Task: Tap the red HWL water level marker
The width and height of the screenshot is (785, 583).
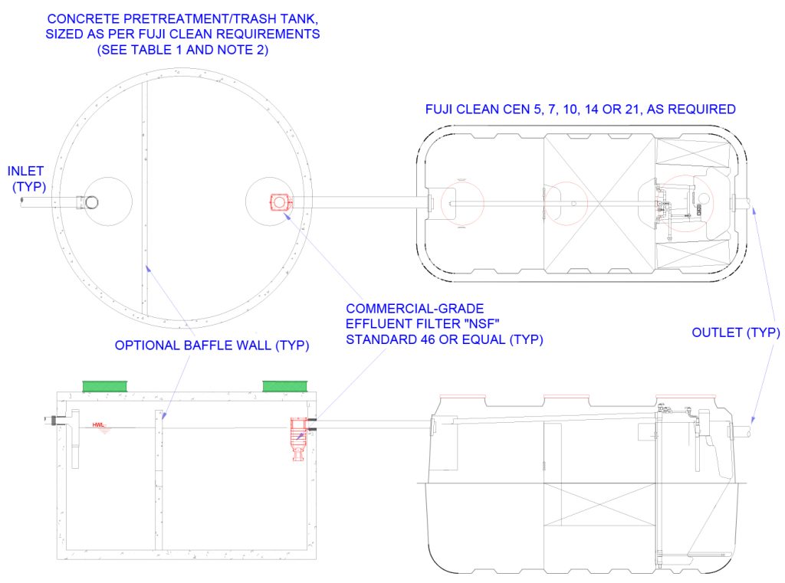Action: [x=99, y=425]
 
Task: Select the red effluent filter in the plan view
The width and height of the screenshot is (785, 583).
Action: [x=279, y=202]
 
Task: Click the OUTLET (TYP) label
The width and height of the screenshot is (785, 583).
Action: [x=735, y=332]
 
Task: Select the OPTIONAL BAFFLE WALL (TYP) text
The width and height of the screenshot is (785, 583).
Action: [x=212, y=346]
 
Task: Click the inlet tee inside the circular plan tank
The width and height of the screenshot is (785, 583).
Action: [x=91, y=202]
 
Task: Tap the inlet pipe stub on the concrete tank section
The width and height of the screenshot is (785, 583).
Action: [x=52, y=420]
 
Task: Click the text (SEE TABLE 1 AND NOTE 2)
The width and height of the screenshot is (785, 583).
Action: [x=184, y=51]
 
